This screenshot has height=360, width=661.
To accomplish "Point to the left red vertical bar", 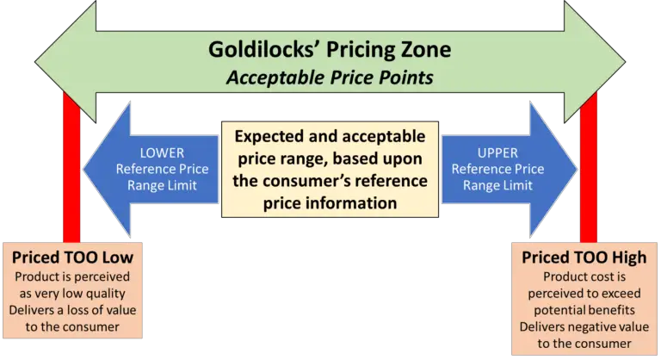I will (72, 172).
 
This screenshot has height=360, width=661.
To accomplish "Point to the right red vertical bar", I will (589, 172).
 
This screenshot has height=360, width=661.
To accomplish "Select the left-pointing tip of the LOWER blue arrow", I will (84, 168).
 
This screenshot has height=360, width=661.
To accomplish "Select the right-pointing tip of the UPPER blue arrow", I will (576, 168).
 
